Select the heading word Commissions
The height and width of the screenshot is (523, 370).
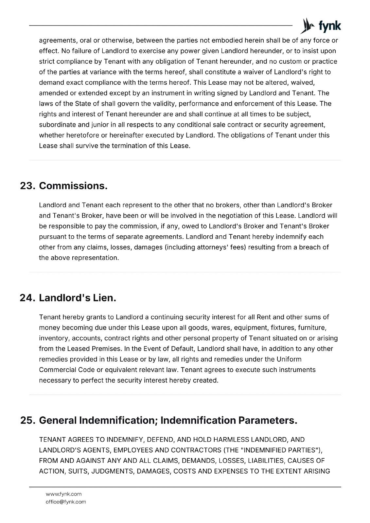(x=73, y=186)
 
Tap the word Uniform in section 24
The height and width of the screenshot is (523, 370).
(x=289, y=359)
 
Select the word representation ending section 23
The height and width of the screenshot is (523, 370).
(x=95, y=258)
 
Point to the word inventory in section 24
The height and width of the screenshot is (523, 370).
(x=53, y=338)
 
